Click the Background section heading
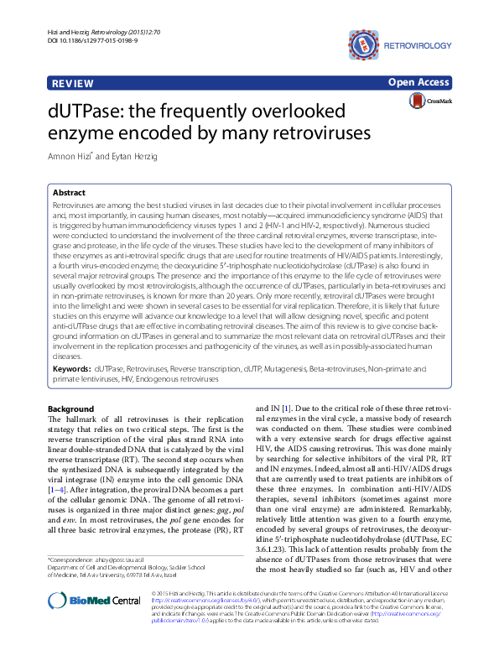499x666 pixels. coord(71,409)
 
